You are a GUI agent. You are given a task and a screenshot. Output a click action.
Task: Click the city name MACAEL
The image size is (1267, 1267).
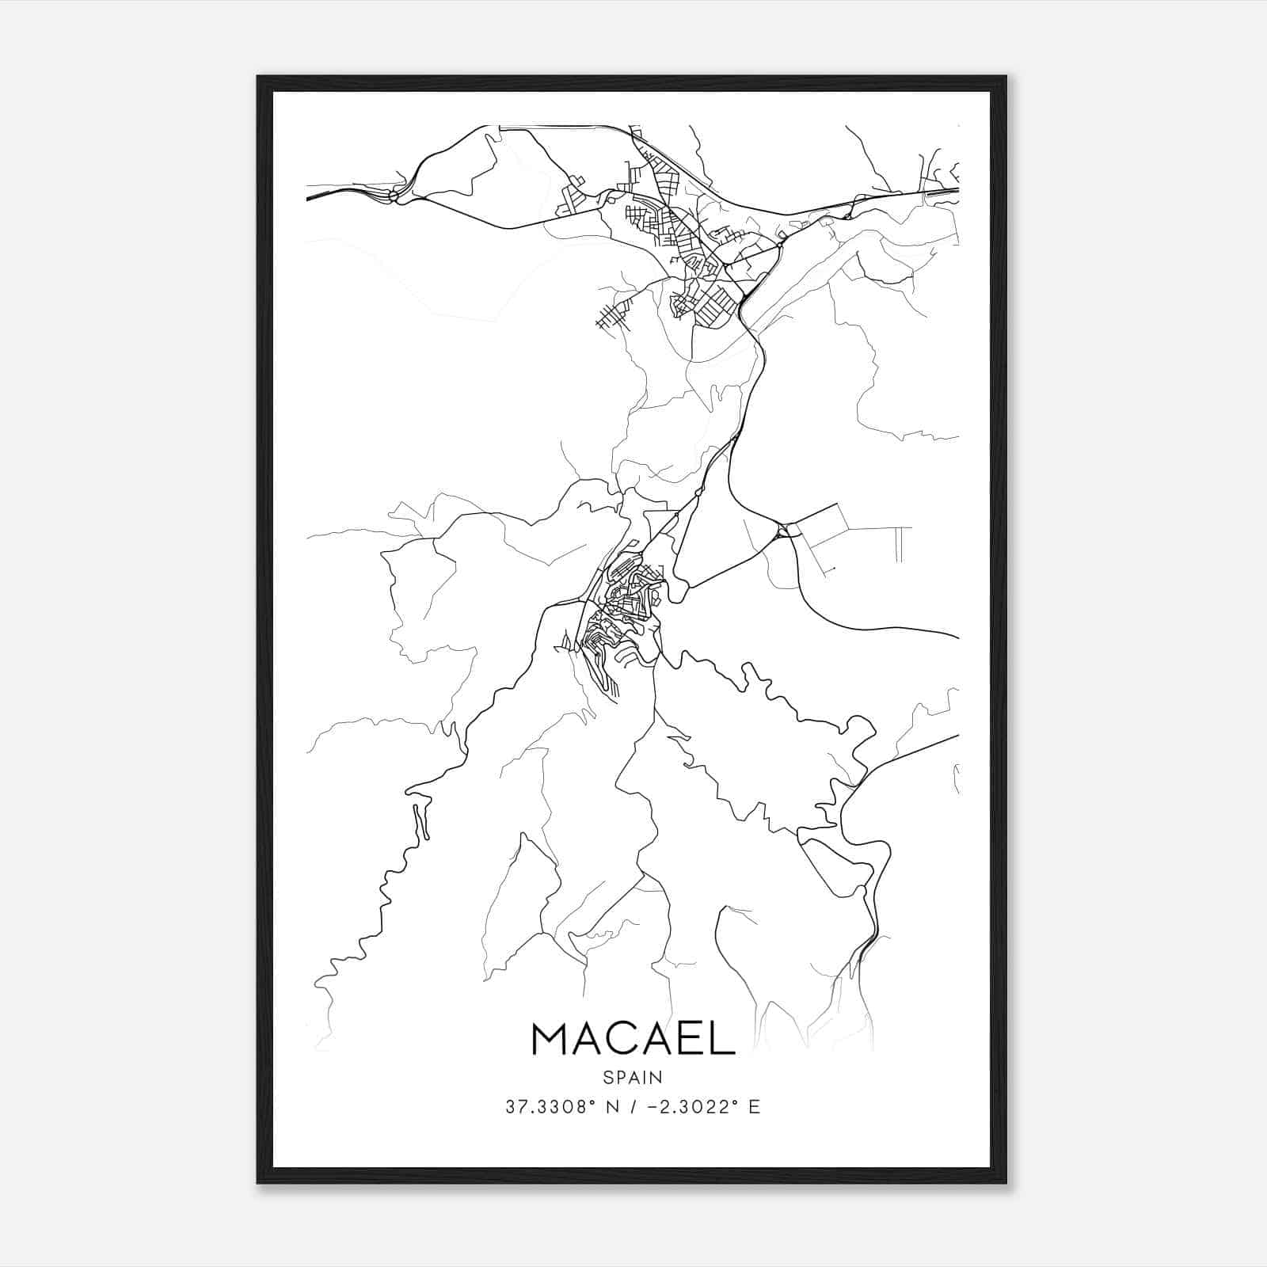633,1038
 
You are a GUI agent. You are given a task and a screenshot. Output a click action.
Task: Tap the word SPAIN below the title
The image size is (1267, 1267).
633,1077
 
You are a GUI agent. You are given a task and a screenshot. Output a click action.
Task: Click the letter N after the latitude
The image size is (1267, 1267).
611,1107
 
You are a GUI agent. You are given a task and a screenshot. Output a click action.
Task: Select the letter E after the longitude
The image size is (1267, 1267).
754,1107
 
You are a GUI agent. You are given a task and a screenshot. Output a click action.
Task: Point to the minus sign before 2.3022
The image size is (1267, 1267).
651,1107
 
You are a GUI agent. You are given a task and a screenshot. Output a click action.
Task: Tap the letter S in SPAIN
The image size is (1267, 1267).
607,1077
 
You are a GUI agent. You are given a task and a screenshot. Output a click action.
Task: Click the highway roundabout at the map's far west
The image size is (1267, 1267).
394,195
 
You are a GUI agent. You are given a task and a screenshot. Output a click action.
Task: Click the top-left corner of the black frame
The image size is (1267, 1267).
258,77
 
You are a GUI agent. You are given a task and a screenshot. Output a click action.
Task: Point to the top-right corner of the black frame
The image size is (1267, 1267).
1006,77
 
